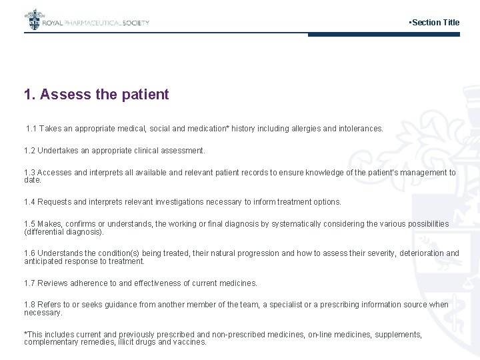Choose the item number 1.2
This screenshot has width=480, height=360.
29,151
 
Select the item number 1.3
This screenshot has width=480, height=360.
29,173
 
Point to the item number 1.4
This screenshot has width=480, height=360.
29,201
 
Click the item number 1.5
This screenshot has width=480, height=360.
29,224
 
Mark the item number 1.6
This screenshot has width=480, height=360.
29,253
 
